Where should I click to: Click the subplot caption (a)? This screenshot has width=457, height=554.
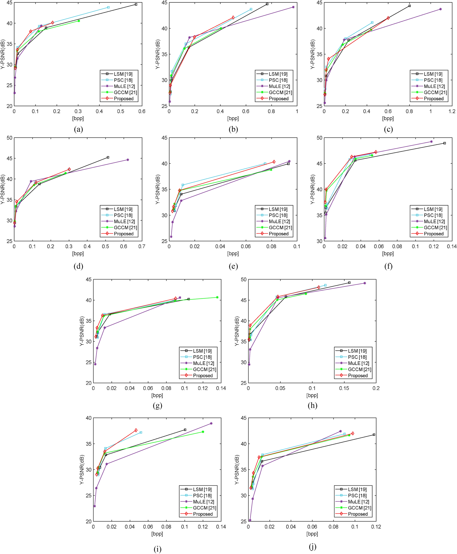tap(78, 129)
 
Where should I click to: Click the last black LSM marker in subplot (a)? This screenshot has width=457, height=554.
tap(136, 4)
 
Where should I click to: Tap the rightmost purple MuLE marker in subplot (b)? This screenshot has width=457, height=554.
tap(293, 7)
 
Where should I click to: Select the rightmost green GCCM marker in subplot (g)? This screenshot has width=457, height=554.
tap(217, 297)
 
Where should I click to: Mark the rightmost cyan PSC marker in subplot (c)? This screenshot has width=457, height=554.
tap(372, 22)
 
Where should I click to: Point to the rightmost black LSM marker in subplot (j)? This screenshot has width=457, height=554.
tap(374, 435)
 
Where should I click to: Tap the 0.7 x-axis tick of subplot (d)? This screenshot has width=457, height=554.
tap(142, 246)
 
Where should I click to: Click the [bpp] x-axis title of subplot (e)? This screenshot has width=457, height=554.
tap(233, 254)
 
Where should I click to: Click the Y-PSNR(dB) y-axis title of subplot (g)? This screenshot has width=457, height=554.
tap(82, 331)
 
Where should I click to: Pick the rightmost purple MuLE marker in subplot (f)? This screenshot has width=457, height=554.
tap(431, 142)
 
